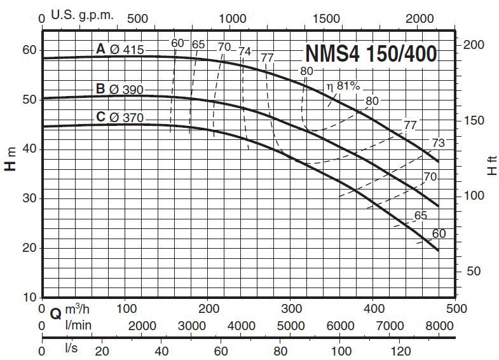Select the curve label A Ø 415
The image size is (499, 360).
coord(120,49)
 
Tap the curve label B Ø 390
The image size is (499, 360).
coord(120,89)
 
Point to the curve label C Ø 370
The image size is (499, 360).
coord(120,117)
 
